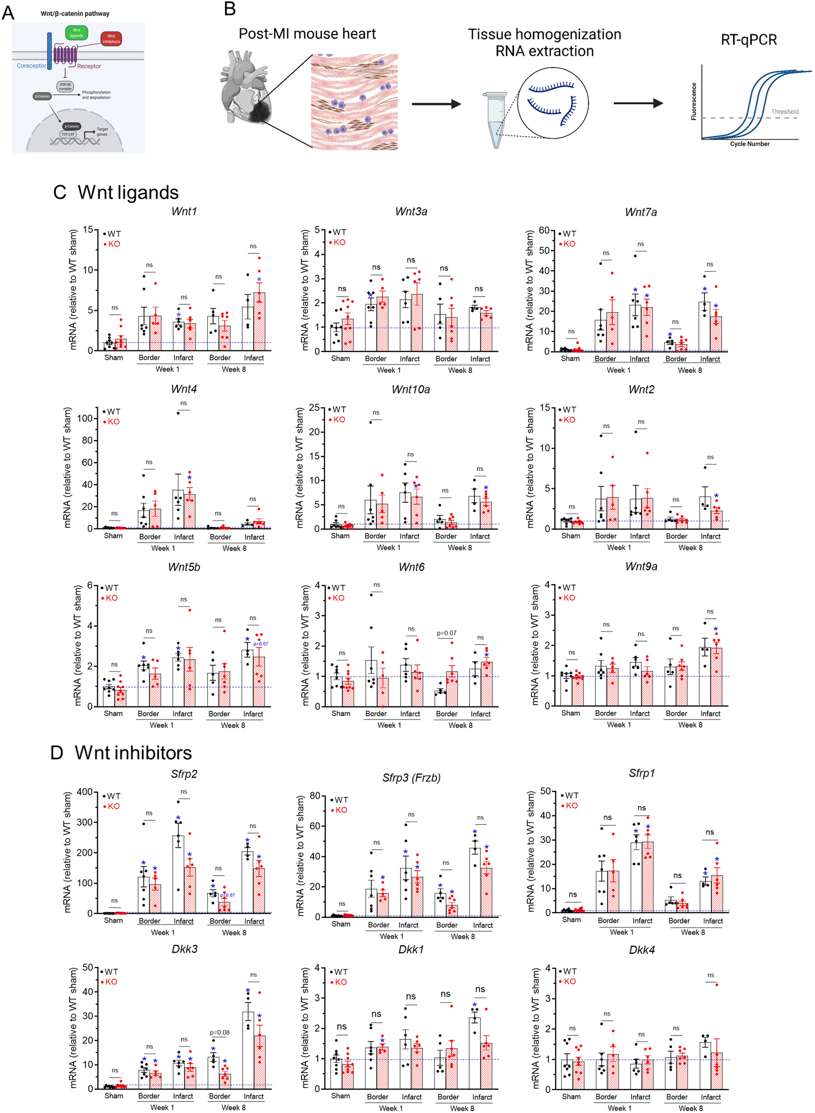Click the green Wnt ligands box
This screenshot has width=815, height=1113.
click(x=76, y=33)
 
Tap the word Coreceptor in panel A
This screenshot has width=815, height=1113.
click(x=31, y=66)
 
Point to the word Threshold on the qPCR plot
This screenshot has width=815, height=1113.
click(x=784, y=112)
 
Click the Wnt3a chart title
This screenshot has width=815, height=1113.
click(x=411, y=212)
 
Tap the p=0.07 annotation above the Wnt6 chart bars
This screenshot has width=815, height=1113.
click(x=446, y=633)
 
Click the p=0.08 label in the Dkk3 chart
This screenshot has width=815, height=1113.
click(x=219, y=1032)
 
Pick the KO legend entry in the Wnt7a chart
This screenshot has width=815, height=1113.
click(x=569, y=244)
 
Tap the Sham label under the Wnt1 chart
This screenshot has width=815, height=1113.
click(x=113, y=357)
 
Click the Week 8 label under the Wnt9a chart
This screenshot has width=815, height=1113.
click(x=690, y=724)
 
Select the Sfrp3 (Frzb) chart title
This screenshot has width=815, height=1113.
click(x=411, y=778)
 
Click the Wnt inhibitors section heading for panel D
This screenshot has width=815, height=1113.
click(x=133, y=753)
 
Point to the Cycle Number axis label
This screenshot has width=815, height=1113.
click(x=750, y=144)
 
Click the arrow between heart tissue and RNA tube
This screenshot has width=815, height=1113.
click(x=436, y=104)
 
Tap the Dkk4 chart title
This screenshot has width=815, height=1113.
click(x=641, y=950)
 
